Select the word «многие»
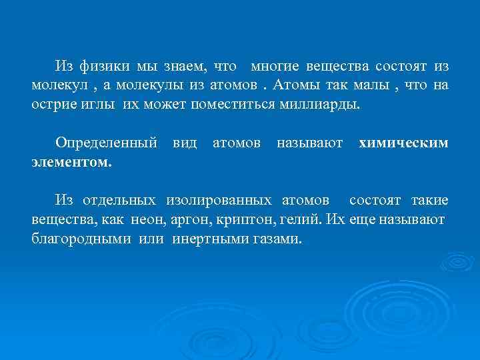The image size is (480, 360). click(x=275, y=67)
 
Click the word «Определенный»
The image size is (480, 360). click(x=107, y=143)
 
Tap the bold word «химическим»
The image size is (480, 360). click(x=403, y=143)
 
